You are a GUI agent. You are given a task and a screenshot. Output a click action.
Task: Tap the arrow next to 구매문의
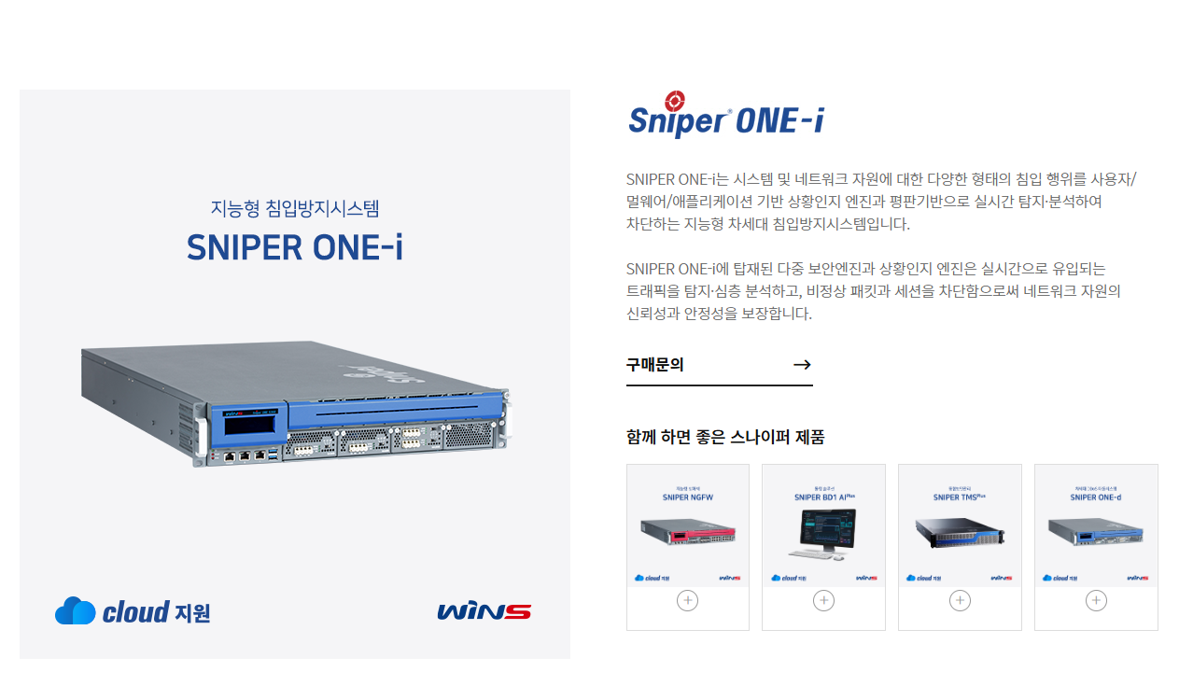click(801, 365)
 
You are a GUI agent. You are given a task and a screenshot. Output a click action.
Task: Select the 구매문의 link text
click(654, 365)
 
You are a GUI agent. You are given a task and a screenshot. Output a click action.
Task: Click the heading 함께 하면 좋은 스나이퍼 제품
click(725, 437)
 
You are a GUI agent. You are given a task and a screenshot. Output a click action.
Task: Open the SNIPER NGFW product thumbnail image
click(688, 533)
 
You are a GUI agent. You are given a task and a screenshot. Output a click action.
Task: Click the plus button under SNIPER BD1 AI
click(823, 600)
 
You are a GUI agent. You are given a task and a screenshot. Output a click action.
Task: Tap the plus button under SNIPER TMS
click(960, 600)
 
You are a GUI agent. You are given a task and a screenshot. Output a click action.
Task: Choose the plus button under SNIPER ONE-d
click(1096, 600)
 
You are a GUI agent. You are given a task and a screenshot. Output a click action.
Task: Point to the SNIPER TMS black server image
click(959, 533)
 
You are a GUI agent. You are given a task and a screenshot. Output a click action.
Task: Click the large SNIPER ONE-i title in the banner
click(295, 247)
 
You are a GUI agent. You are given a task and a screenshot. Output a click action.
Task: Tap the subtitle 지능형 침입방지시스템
click(295, 208)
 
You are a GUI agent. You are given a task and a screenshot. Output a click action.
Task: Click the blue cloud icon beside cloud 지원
click(75, 611)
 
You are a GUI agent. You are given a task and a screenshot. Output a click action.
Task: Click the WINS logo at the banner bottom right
click(484, 612)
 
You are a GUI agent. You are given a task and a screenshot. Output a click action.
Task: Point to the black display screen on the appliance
click(255, 423)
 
